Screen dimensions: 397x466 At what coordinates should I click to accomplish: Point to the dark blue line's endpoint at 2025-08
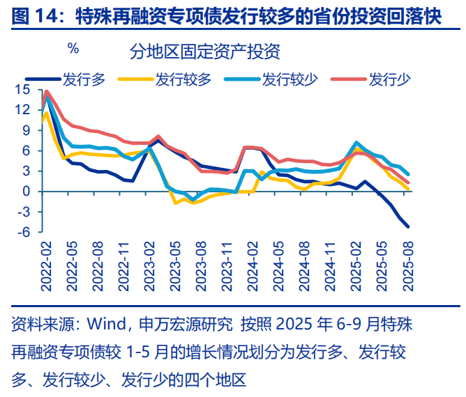408,226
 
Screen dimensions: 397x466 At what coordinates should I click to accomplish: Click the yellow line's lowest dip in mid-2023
175,203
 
